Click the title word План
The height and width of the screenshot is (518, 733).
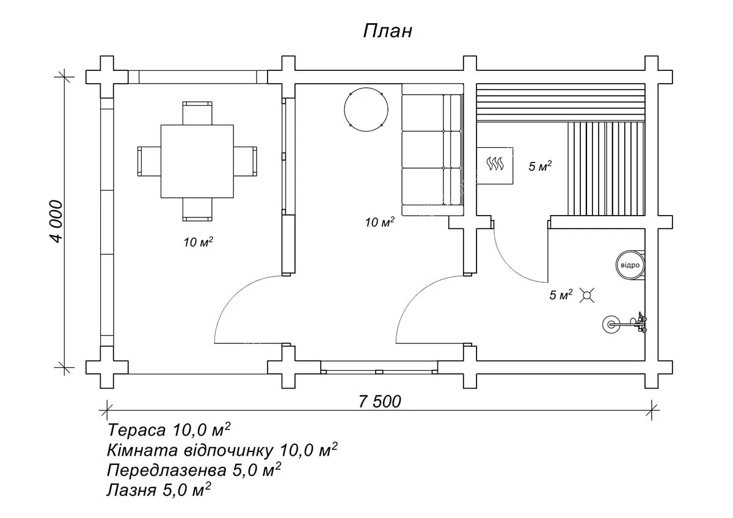pos(387,31)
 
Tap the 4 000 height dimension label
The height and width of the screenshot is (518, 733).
pos(56,222)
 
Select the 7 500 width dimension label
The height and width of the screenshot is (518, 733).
pos(379,401)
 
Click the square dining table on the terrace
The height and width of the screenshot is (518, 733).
pos(197,161)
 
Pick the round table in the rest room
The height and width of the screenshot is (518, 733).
pos(366,109)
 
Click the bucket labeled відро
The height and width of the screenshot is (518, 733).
pos(630,265)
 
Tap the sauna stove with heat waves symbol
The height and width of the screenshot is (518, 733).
pos(494,166)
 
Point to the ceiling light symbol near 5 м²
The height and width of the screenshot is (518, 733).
pos(587,295)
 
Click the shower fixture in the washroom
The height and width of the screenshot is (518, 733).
pos(625,324)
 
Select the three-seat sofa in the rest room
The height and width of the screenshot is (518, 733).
pos(432,150)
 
